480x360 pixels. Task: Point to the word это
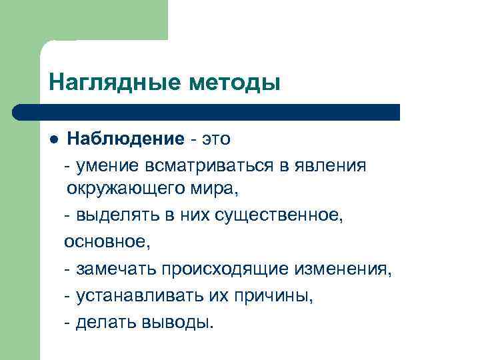(x=215, y=139)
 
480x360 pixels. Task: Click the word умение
(x=107, y=165)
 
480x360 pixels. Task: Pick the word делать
(x=106, y=323)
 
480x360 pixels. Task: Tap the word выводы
(x=179, y=323)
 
